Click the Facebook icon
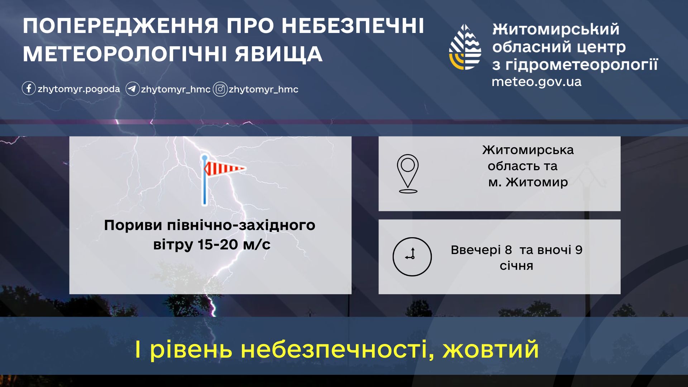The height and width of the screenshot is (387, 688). coord(29,88)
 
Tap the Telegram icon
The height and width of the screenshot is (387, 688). coord(132,89)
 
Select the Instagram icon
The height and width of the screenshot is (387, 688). coord(220,89)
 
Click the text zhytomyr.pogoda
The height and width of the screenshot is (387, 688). coord(79,89)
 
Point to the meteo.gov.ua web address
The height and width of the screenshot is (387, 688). coord(536,82)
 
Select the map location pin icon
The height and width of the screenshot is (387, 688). coord(408,174)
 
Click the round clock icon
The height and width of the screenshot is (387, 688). coord(412,257)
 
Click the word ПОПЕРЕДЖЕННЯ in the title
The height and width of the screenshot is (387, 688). coord(121,26)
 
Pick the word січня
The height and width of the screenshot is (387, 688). coord(516,266)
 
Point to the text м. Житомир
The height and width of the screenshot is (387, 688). coord(528,182)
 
